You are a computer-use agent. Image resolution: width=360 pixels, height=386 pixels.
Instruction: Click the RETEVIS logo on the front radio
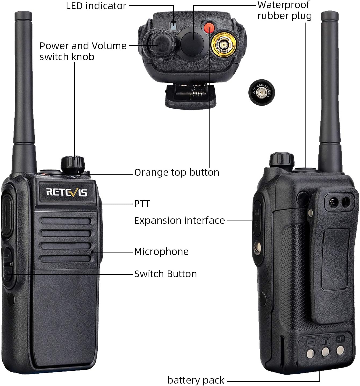[67, 192]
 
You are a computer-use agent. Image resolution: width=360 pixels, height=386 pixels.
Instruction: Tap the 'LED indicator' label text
[96, 6]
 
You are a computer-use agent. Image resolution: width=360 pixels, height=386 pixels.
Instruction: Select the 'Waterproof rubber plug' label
[284, 10]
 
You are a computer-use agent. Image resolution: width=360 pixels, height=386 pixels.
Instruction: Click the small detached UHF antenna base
[261, 92]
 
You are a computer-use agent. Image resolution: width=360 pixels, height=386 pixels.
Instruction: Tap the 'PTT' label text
[142, 204]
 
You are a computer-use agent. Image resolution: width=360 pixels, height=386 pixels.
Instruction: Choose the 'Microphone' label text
[161, 252]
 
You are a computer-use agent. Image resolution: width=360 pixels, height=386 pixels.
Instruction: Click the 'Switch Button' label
[165, 274]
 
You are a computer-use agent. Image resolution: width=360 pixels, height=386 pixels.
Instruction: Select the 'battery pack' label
[196, 380]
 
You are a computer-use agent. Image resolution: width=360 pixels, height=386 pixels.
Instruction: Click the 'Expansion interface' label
[179, 221]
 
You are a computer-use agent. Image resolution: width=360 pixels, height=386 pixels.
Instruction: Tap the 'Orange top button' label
[177, 172]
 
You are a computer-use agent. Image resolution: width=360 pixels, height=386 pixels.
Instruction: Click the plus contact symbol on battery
[340, 339]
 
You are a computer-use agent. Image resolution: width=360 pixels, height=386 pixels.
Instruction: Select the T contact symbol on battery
[326, 341]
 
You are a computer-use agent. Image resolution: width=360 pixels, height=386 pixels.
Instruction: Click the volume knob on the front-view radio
[73, 164]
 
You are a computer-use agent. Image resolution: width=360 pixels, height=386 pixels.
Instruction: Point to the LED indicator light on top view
[174, 26]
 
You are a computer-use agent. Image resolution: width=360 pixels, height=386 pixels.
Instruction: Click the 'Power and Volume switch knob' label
[83, 51]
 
